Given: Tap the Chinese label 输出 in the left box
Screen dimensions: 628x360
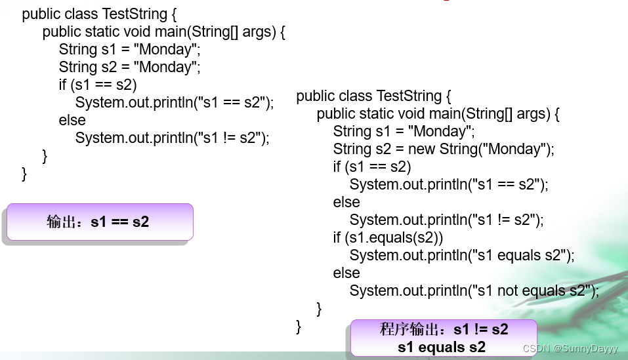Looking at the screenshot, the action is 62,222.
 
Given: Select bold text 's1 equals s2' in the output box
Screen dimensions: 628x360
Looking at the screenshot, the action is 441,347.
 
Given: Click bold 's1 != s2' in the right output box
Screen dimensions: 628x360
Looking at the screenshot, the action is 481,329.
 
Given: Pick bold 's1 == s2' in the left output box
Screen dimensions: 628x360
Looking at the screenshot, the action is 120,222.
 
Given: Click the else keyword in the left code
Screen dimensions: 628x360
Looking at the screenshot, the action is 72,120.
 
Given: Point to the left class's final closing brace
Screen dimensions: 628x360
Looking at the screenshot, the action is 25,174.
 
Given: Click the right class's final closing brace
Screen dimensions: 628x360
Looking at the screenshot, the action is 299,326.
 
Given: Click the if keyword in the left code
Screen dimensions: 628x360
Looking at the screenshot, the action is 63,85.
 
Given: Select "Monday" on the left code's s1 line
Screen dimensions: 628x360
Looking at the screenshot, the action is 164,49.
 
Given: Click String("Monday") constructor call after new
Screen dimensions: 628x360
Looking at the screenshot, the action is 495,149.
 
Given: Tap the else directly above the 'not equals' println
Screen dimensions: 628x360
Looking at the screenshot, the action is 346,273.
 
